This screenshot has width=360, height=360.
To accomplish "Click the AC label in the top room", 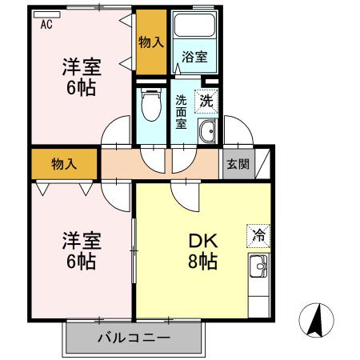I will [46, 25].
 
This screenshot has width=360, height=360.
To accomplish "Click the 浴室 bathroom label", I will [194, 57].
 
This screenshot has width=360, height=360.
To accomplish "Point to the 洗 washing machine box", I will [206, 102].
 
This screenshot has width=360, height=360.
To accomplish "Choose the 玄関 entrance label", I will [236, 164].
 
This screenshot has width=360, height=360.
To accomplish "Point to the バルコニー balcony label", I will [134, 338].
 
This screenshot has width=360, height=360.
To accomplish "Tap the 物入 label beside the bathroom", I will [150, 41].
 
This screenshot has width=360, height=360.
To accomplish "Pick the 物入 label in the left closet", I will [64, 164].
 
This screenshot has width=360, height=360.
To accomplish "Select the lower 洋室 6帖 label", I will [80, 250].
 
